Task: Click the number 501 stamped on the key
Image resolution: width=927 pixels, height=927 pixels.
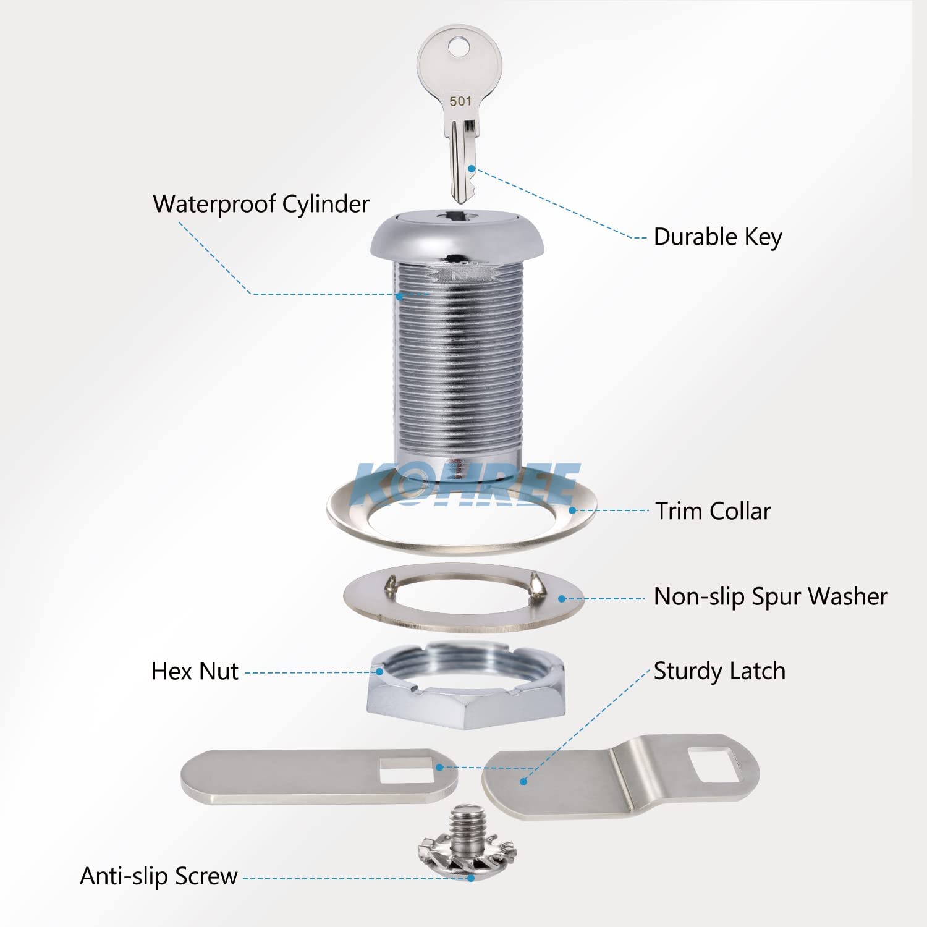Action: [460, 101]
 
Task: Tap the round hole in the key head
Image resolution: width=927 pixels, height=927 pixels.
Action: [458, 47]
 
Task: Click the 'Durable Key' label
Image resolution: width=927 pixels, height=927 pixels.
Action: [717, 237]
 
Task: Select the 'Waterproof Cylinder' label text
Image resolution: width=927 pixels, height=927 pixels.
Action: [261, 204]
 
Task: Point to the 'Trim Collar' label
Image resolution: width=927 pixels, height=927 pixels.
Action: [713, 511]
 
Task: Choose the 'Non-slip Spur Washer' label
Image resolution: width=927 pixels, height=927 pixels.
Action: [770, 597]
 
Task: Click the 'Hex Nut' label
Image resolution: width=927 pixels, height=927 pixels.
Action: [195, 671]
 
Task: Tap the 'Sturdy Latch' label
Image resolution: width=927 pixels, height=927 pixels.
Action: [719, 671]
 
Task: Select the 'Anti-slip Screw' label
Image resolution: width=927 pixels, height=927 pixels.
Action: [159, 876]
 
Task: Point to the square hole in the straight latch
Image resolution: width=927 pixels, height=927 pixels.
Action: [405, 767]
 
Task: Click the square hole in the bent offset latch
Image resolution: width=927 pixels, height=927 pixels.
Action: [714, 764]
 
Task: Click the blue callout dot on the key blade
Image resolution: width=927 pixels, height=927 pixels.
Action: [472, 169]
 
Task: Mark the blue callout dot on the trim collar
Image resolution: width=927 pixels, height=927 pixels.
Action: [573, 510]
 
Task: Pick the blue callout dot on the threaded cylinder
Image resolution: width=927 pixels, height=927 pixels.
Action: [399, 297]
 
